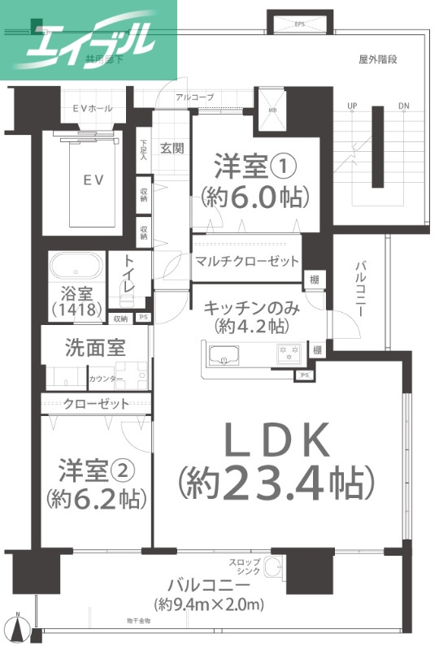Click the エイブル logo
89,39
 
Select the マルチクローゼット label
246,262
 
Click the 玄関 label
172,149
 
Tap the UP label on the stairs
352,106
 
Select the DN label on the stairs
404,106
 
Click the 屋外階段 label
378,59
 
